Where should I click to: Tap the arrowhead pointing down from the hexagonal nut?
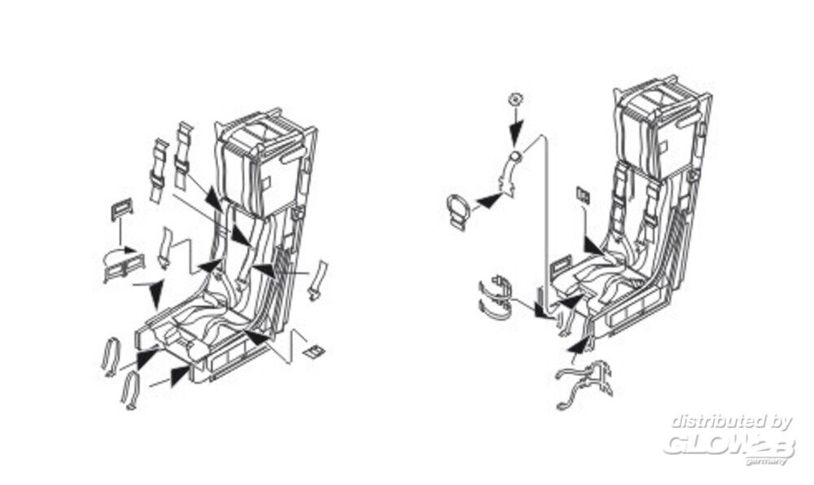click(x=515, y=135)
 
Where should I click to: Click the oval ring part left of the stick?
click(x=459, y=210)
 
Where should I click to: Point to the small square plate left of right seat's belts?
click(x=582, y=196)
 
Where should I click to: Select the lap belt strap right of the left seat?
click(x=317, y=280)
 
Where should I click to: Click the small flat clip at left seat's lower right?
click(x=313, y=352)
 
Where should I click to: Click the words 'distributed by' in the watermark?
click(x=732, y=422)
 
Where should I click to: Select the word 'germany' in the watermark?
click(x=768, y=461)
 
